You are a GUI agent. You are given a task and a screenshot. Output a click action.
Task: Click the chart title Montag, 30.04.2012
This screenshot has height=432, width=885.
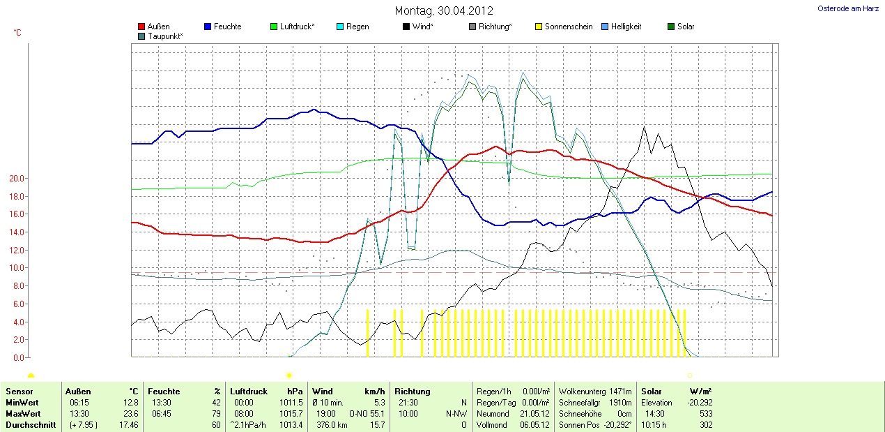(x=444, y=10)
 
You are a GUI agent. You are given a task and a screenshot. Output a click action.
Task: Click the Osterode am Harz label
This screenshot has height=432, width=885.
(x=847, y=8)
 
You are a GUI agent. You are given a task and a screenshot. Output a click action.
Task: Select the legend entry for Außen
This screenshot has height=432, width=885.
(x=158, y=27)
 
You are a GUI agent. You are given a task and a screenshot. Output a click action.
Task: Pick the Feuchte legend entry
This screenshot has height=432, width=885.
(x=227, y=27)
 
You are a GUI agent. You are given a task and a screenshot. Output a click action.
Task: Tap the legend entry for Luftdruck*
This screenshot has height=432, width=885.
(x=297, y=27)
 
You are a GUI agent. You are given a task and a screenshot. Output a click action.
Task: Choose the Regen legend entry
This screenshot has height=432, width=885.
(x=357, y=27)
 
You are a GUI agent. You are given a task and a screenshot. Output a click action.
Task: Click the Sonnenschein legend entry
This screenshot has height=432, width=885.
(x=568, y=27)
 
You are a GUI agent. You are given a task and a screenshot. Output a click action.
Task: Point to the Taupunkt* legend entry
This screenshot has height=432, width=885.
(x=165, y=36)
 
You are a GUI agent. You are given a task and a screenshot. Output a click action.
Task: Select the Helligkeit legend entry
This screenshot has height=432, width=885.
(x=626, y=27)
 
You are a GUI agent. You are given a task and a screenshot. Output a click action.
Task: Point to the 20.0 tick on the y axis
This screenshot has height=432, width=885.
(x=16, y=179)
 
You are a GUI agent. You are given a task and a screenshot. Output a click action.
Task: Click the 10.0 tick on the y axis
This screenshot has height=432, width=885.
(x=16, y=268)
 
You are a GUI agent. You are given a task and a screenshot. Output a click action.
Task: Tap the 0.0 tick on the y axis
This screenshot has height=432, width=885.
(x=18, y=358)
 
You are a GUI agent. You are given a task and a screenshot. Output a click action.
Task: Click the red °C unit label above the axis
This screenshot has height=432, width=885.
(x=17, y=33)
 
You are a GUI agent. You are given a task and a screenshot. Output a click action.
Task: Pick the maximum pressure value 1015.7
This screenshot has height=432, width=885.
(x=290, y=414)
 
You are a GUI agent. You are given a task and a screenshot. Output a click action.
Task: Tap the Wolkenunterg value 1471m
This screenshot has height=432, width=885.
(x=619, y=392)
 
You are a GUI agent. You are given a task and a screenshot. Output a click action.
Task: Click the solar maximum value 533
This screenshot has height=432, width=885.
(x=705, y=414)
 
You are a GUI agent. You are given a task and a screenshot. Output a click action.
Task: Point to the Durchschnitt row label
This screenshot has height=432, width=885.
(x=30, y=425)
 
